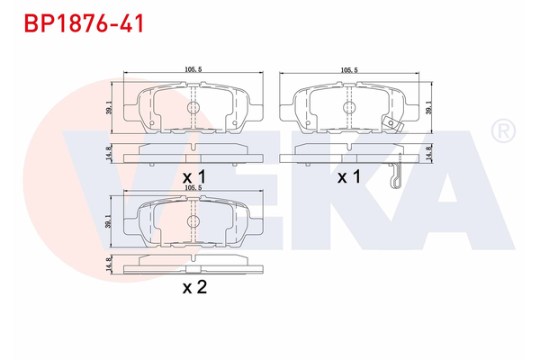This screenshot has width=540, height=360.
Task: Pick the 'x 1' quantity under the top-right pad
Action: click(348, 178)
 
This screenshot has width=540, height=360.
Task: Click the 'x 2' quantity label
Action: click(194, 287)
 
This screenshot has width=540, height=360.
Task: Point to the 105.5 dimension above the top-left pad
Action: click(192, 68)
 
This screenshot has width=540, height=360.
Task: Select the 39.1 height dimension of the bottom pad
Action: click(110, 220)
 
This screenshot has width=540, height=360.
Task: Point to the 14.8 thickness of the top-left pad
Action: click(110, 153)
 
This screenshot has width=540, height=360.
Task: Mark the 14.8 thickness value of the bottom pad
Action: click(110, 265)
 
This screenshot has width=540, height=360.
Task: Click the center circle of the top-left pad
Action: click(192, 106)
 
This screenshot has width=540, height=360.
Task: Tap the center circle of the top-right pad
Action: click(347, 106)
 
